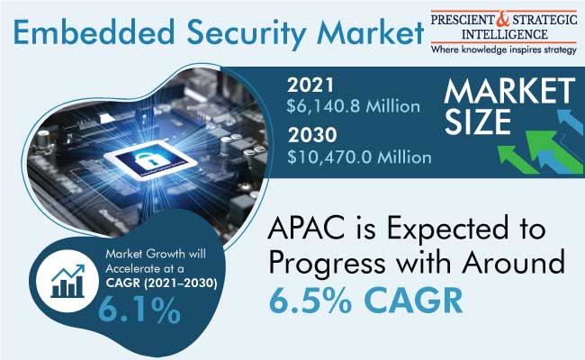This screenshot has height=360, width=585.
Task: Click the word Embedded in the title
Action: (94, 31)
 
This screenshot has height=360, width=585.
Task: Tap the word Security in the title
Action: (247, 33)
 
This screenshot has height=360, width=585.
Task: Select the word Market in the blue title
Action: (370, 31)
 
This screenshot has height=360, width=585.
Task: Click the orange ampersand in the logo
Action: (502, 19)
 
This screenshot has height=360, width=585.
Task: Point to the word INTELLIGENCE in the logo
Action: (504, 35)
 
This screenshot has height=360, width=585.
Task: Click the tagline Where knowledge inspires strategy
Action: (504, 49)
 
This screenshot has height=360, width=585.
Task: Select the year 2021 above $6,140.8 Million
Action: (310, 85)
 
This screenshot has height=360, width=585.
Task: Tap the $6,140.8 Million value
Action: (354, 107)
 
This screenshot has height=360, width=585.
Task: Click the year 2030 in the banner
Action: (312, 135)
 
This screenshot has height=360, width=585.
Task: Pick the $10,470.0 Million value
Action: (359, 157)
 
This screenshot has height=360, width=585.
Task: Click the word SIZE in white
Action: (478, 121)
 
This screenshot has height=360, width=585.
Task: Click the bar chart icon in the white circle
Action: (67, 281)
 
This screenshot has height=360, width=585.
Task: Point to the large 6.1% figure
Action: (139, 310)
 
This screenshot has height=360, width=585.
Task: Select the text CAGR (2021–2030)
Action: (161, 283)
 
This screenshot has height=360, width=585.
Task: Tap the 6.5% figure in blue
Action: (310, 301)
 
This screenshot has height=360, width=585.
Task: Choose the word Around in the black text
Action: (513, 261)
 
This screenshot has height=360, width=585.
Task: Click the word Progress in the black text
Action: (327, 264)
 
